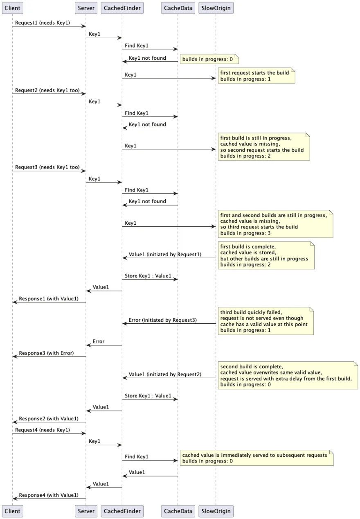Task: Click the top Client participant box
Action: tap(12, 8)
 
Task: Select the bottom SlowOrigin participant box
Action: tap(216, 510)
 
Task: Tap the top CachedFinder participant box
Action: tap(122, 8)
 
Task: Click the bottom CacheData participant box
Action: tap(178, 510)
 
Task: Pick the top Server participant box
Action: tap(86, 8)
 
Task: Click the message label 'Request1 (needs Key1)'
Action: tap(43, 23)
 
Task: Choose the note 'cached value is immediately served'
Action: tap(256, 458)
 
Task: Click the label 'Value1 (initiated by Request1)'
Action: tap(165, 254)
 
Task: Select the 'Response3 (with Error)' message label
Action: tap(46, 353)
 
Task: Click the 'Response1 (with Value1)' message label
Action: tap(48, 298)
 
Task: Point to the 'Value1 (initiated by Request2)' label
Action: tap(165, 374)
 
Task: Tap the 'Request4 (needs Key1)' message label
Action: tap(43, 430)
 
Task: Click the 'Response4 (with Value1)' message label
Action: tap(48, 495)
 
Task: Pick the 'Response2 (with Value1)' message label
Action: tap(48, 418)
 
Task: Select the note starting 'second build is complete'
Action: tap(288, 375)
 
